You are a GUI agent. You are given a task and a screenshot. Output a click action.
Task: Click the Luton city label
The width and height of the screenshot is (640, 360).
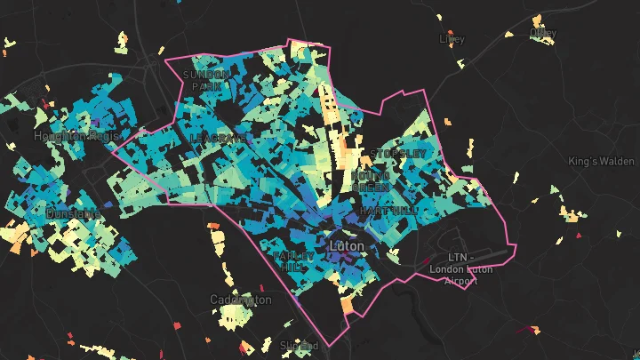pos(348,244)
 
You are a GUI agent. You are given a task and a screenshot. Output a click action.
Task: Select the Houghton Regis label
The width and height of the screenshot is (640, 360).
pos(70,136)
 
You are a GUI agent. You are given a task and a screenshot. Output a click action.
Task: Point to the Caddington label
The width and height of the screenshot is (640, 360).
pos(241,300)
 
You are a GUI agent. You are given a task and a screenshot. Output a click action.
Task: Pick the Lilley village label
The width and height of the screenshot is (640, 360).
pos(452,39)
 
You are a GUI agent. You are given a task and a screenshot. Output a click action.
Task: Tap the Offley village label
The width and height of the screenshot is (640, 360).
pos(542,33)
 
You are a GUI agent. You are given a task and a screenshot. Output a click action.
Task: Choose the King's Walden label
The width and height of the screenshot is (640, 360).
pos(602,162)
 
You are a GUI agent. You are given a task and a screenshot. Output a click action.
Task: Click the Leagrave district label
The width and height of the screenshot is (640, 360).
pos(216,140)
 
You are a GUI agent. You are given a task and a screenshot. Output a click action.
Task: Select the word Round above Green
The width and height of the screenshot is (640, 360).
pos(369,176)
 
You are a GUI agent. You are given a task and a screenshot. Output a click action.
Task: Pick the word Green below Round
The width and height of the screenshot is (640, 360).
pos(369,188)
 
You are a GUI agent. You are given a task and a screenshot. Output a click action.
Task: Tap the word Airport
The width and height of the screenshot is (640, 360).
pos(460,281)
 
